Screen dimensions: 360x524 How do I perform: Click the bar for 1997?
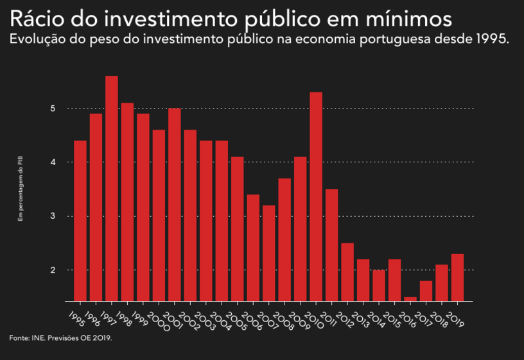click(x=112, y=188)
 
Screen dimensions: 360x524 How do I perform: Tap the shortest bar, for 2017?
click(x=410, y=298)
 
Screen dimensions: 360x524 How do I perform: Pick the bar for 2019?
click(x=457, y=277)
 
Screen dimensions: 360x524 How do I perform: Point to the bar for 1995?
click(x=80, y=220)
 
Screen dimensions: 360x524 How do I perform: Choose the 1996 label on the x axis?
click(x=92, y=319)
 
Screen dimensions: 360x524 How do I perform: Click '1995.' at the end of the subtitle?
click(x=492, y=40)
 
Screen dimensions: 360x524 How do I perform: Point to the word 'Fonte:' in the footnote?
click(x=19, y=338)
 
